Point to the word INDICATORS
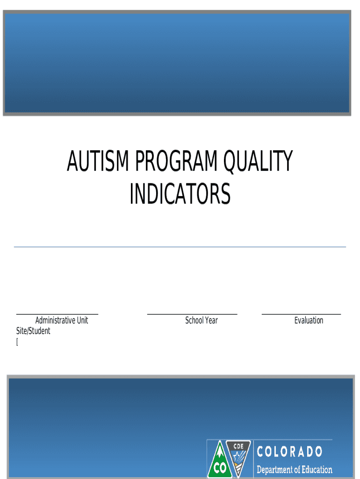tap(180, 194)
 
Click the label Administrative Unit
tap(62, 320)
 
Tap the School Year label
tap(202, 320)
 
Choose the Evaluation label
tap(309, 320)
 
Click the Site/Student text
tap(33, 331)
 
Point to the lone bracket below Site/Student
tap(17, 342)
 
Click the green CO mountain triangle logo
tap(216, 461)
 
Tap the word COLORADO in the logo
tap(289, 452)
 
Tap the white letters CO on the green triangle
tap(216, 468)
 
